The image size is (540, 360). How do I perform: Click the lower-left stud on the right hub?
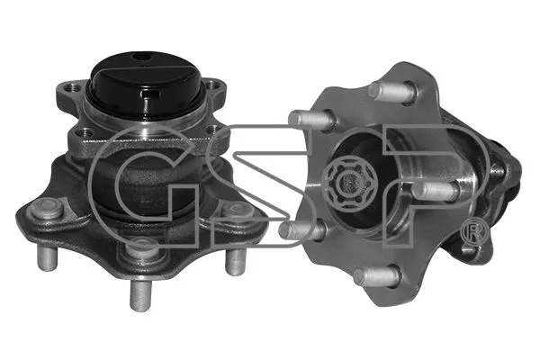(297, 230)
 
